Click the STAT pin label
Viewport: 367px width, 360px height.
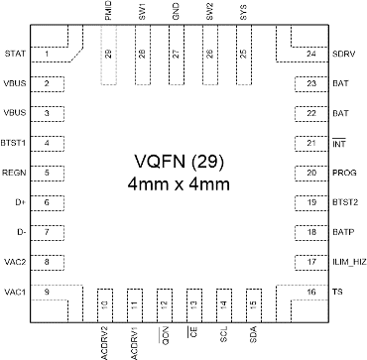pos(15,54)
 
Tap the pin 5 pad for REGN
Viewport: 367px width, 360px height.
pos(47,173)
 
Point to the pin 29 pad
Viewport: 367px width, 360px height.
pos(108,55)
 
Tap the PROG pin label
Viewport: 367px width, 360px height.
pos(343,173)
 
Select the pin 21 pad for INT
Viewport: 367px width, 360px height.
pos(311,143)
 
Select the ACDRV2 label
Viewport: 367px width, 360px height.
pos(104,341)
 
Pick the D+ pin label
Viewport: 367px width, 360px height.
pos(20,202)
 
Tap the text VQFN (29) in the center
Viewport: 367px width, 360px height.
pos(183,163)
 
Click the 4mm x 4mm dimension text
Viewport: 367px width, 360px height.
pos(183,186)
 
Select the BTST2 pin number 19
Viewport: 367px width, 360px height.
pos(311,202)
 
